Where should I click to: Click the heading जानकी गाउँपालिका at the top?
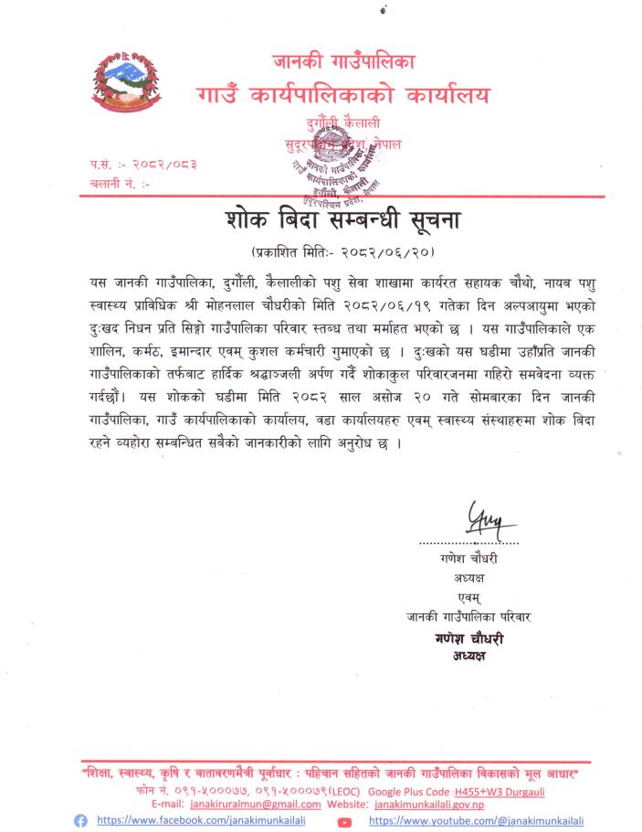pyautogui.click(x=343, y=63)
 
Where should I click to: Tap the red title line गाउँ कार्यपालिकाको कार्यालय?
pyautogui.click(x=342, y=95)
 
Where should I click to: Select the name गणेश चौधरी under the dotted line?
pyautogui.click(x=468, y=559)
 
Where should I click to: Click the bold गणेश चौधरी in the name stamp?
pyautogui.click(x=468, y=639)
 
